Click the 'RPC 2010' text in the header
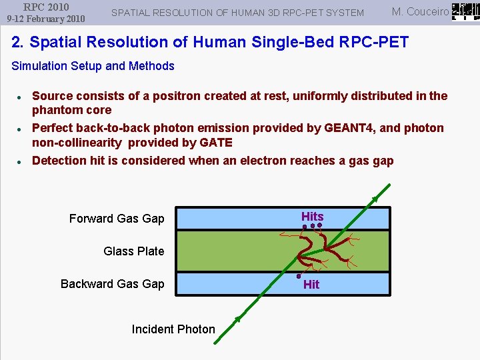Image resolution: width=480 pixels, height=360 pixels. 46,7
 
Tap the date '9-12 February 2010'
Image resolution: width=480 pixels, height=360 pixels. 46,19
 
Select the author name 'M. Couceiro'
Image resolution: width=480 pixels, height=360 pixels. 420,12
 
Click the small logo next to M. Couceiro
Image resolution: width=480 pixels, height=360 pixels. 465,11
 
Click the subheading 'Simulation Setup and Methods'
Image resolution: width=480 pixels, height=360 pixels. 93,66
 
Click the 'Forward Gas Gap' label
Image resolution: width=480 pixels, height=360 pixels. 117,219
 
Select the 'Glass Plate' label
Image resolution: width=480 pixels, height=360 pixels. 133,251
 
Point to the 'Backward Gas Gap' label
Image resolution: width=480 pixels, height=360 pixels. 112,284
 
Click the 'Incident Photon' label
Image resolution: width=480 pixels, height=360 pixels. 173,329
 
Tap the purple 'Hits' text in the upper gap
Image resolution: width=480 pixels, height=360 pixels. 312,217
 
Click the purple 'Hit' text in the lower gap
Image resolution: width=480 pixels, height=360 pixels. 311,285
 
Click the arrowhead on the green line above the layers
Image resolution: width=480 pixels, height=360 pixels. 375,199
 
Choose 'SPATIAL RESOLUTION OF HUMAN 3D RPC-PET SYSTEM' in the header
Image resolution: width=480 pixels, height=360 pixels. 237,13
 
